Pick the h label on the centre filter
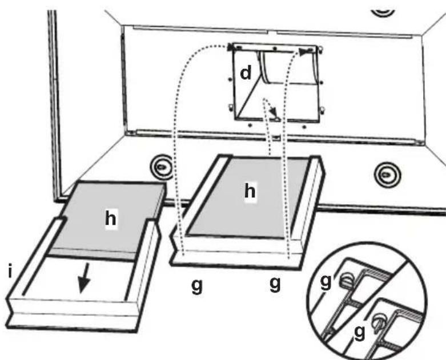coord(250,192)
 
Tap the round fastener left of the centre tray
coord(162,166)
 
